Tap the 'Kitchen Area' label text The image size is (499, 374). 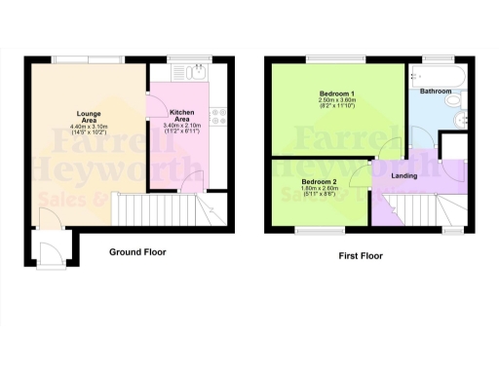[183, 120]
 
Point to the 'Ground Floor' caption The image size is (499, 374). [136, 251]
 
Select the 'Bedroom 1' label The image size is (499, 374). [334, 93]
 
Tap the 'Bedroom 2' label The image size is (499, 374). [319, 182]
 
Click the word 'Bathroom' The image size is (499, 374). [434, 92]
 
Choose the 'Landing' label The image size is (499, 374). [404, 175]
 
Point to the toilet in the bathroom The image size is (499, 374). [454, 103]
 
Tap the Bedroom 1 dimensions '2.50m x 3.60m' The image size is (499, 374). [334, 100]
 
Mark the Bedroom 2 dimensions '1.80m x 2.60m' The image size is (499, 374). [319, 190]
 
